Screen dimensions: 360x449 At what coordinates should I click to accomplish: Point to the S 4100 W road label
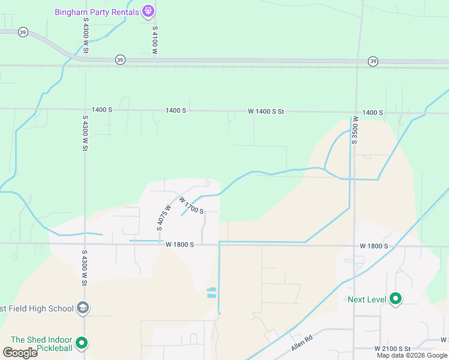pos(155,40)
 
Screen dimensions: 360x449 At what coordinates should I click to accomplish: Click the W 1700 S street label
pos(191,208)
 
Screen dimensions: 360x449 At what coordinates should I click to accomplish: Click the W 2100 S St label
pos(392,349)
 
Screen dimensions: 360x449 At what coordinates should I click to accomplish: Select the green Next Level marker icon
pos(395,299)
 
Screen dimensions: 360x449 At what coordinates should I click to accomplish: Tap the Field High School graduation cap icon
pos(83,308)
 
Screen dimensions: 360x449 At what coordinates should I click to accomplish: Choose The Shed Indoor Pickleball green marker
pos(82,344)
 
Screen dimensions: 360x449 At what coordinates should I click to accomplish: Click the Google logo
pos(20,353)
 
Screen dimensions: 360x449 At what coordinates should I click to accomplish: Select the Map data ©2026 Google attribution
pos(412,355)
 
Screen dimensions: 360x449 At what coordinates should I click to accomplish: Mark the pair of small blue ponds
pos(211,293)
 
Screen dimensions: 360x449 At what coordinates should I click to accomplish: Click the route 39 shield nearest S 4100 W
pos(120,59)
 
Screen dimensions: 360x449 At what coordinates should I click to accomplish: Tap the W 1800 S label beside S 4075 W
pos(179,245)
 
